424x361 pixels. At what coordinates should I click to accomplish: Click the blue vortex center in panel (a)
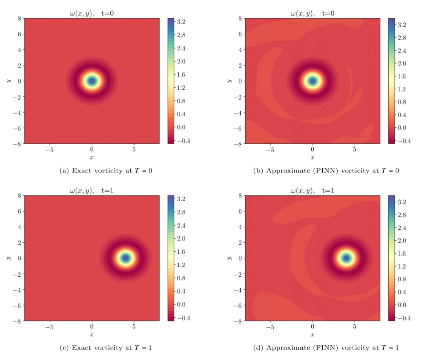coord(92,81)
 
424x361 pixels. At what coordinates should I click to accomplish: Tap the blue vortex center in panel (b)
coord(313,81)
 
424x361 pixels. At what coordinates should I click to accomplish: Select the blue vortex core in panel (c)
coord(126,258)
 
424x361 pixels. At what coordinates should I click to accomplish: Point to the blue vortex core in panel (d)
coord(346,258)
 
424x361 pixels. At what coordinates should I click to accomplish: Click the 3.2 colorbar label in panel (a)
coord(181,22)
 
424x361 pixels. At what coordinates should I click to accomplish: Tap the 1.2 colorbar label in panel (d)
coord(402,267)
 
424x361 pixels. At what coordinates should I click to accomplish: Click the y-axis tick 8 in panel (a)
coord(19,18)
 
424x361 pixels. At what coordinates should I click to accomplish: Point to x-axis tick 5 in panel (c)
coord(134,327)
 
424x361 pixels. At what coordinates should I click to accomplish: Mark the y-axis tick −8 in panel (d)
coord(238,321)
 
